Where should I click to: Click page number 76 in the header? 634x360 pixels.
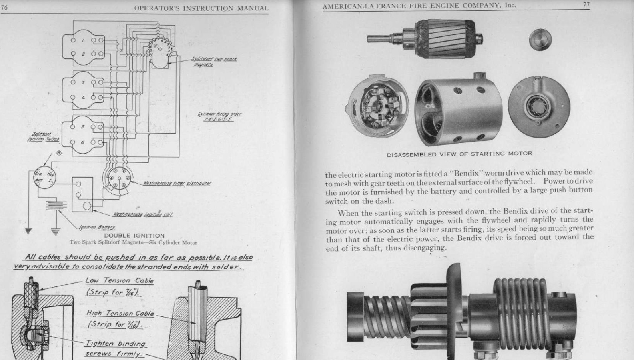(x=4, y=8)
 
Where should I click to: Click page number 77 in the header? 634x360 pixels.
(x=586, y=4)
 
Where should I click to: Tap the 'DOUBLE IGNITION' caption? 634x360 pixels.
(x=134, y=236)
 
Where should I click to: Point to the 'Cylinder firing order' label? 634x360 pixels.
(x=219, y=116)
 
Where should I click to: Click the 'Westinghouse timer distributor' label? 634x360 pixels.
(x=177, y=184)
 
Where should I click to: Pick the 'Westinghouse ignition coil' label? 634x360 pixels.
(x=142, y=214)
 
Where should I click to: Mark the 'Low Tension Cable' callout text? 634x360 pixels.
(x=119, y=280)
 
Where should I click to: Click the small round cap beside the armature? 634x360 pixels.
(x=540, y=39)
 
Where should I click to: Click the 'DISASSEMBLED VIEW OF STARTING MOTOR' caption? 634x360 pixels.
(x=459, y=154)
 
